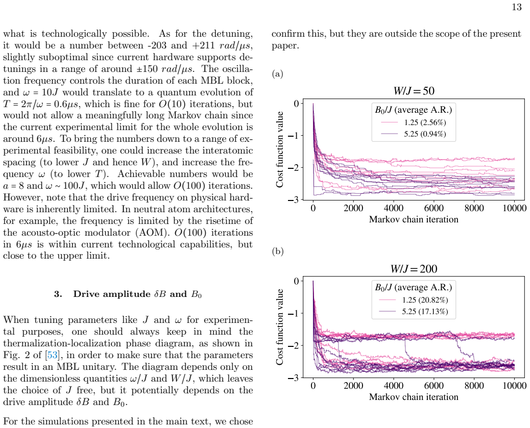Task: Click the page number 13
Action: click(x=517, y=7)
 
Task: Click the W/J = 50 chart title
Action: click(x=414, y=91)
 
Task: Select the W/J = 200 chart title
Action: click(x=414, y=269)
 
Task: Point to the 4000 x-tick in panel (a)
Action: click(x=394, y=208)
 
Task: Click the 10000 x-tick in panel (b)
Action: click(x=515, y=386)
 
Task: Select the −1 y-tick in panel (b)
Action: click(x=294, y=313)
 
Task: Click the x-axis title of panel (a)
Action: click(x=414, y=219)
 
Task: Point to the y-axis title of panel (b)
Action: click(x=279, y=327)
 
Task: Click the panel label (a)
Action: click(x=277, y=73)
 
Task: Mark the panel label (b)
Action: click(x=277, y=251)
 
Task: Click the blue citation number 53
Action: click(x=52, y=355)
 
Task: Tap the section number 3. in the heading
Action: click(x=58, y=294)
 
